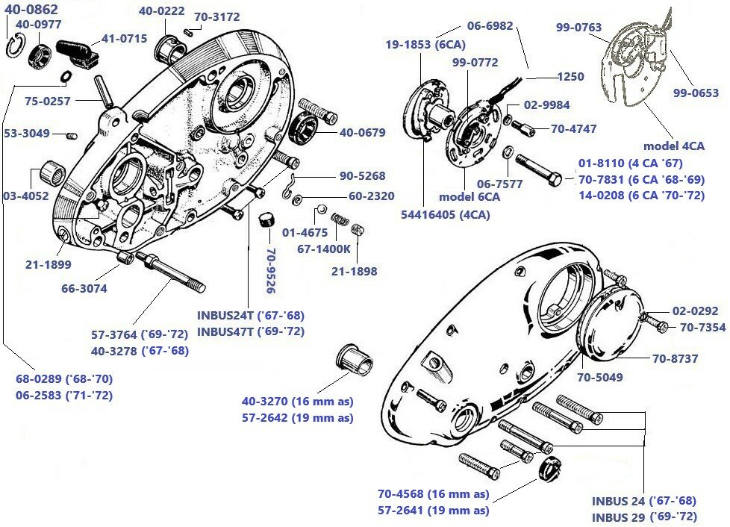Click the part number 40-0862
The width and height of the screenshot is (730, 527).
click(32, 10)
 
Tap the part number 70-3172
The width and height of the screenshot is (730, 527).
click(216, 16)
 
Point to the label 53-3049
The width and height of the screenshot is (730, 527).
click(27, 134)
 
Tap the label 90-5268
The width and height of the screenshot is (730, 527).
click(363, 176)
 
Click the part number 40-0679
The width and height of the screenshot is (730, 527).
click(362, 133)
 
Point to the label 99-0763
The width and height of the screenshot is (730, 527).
click(578, 28)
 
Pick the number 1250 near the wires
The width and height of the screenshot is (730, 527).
click(570, 76)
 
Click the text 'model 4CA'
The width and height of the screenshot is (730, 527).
click(673, 146)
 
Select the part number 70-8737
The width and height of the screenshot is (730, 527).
click(675, 359)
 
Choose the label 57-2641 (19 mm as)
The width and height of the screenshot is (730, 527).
click(433, 511)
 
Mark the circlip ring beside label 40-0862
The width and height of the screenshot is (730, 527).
click(13, 47)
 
